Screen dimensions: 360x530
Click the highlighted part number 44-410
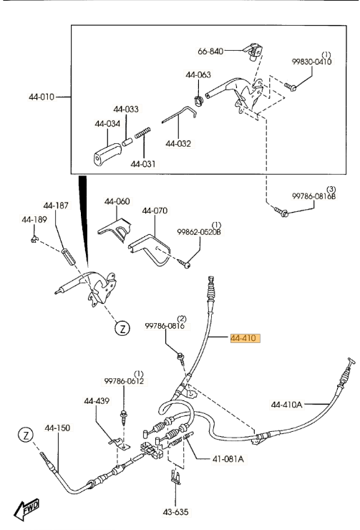point(245,338)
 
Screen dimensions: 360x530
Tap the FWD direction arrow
point(26,509)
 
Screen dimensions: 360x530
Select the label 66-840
point(210,52)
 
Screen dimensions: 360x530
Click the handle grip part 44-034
point(107,154)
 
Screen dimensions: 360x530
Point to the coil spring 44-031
point(142,132)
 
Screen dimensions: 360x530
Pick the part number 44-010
point(42,97)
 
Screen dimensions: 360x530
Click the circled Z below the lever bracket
point(122,328)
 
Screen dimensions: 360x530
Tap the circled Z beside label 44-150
point(26,435)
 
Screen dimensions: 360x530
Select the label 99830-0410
point(311,62)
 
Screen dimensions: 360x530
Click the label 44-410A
point(286,404)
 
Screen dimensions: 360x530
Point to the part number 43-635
point(175,512)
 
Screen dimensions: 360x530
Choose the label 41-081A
point(228,458)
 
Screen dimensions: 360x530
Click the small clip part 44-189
point(34,239)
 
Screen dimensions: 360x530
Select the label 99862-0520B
point(199,232)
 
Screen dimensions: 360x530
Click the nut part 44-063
point(198,101)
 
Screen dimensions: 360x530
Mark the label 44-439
point(97,401)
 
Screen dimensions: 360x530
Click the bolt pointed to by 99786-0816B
point(281,212)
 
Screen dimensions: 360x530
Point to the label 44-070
point(155,211)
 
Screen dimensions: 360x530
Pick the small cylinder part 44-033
point(127,143)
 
